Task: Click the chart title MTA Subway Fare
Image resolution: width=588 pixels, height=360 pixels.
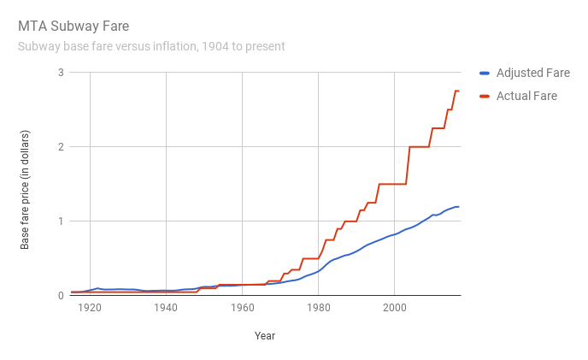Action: (73, 27)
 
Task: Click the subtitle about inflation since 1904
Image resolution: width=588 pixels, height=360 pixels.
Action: (151, 46)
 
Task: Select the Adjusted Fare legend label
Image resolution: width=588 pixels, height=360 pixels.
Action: (532, 74)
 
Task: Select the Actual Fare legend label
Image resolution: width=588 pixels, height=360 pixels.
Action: (526, 96)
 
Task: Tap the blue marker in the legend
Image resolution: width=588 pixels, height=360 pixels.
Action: (485, 74)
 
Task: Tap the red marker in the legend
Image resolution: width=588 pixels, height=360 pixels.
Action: (485, 96)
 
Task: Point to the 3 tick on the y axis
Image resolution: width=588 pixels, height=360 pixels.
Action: (61, 73)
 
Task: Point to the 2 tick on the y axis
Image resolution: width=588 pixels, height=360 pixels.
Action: (61, 147)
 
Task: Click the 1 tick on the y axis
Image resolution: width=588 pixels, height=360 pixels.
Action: (61, 221)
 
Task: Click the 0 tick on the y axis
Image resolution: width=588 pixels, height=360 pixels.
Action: (61, 296)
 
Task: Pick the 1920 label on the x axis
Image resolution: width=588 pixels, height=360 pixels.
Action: (90, 309)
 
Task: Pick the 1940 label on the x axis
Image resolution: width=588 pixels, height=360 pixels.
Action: (166, 309)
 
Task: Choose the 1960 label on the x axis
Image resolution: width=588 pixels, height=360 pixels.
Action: (242, 309)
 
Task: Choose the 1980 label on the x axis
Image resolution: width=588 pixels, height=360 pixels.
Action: (318, 309)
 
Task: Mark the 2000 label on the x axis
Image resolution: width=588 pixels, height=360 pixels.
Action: (394, 309)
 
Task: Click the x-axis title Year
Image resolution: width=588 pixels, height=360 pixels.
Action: (265, 336)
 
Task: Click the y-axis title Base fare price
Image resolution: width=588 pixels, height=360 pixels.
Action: (25, 184)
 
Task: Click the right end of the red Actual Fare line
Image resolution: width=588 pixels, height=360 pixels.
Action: (459, 91)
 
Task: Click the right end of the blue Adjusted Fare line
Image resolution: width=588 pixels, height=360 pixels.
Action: (459, 207)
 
